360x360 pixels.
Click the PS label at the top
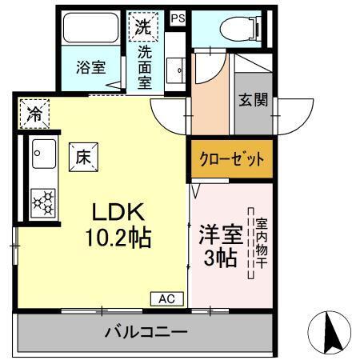178,15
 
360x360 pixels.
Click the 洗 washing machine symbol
142,25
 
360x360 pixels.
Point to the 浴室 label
90,68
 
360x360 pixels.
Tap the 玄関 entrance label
253,101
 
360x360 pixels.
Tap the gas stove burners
43,201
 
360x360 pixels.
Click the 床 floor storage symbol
84,157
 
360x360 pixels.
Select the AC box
166,298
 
